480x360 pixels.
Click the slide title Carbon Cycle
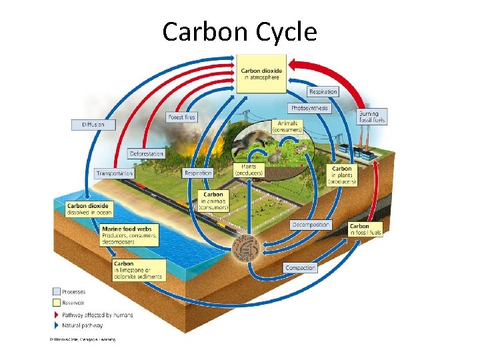239,31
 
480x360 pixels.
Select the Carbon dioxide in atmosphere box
261,73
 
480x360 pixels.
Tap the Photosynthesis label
309,108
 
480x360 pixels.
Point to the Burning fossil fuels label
368,117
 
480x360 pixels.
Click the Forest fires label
182,117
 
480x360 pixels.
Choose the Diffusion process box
93,125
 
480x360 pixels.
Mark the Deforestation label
147,154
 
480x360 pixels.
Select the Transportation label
114,173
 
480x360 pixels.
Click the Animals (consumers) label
288,127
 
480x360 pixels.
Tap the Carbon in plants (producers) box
342,175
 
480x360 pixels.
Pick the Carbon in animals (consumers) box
213,201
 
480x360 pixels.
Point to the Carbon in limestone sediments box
136,269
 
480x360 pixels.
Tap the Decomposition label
311,225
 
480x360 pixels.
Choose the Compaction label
300,268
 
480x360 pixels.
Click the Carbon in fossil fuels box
365,229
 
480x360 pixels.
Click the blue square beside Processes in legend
56,291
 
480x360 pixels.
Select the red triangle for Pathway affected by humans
56,315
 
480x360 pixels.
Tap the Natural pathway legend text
83,325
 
